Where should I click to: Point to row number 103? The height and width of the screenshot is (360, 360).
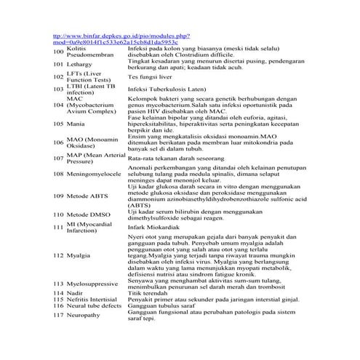click(x=60, y=89)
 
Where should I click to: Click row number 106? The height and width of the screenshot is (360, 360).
click(x=60, y=142)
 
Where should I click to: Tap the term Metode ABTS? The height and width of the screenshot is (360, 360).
click(x=88, y=196)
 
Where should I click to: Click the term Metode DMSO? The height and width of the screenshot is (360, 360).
click(x=89, y=215)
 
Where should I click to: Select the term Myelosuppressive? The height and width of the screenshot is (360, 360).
click(x=95, y=282)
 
